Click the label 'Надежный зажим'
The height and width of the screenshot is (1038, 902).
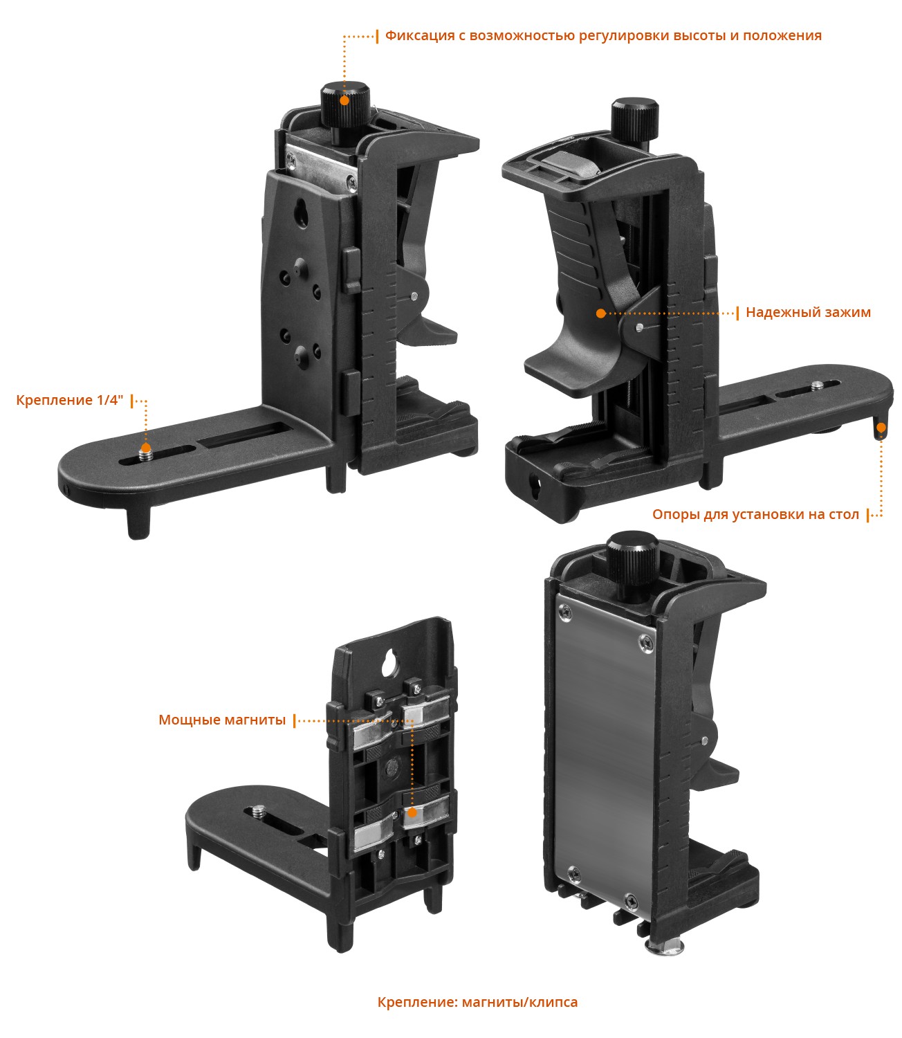tap(808, 313)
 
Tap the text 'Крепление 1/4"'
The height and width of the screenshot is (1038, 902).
tap(69, 400)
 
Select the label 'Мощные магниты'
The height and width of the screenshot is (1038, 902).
tap(222, 720)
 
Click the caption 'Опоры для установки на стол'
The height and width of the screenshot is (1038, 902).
tap(755, 514)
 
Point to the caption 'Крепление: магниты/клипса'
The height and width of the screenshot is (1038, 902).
tap(477, 1002)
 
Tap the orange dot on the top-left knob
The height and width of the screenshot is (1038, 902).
tap(344, 100)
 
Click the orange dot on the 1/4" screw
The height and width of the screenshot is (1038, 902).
tap(145, 448)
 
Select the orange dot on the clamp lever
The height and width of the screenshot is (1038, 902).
tap(601, 313)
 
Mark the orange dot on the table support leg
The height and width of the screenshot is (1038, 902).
tap(881, 428)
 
